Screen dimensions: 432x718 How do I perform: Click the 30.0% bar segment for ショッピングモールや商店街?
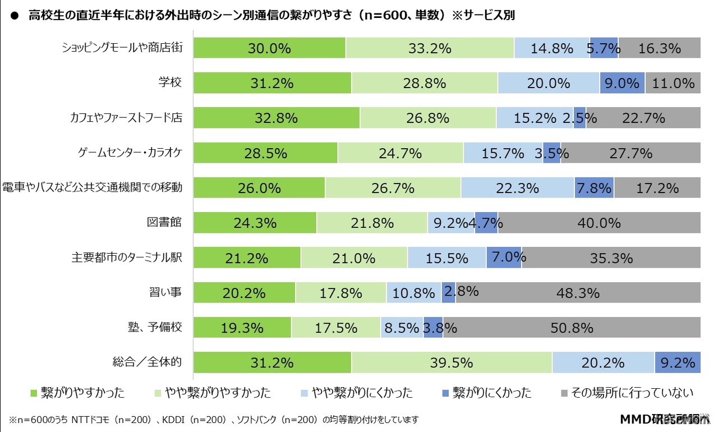point(269,48)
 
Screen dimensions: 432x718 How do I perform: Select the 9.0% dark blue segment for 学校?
point(622,83)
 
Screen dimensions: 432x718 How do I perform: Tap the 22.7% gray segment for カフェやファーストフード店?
point(643,118)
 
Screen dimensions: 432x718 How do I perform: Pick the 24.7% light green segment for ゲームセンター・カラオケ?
point(401,153)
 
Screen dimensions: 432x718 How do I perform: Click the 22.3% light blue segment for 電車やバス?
point(517,187)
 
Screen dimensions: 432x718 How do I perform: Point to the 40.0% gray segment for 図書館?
point(599,223)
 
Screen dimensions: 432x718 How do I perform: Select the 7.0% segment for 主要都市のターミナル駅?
point(504,258)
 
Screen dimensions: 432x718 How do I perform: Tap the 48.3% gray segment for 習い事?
point(578,292)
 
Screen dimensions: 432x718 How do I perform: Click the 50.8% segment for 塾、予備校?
point(572,327)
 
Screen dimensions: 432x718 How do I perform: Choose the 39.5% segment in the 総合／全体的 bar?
point(452,362)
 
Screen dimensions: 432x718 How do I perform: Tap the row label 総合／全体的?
point(148,362)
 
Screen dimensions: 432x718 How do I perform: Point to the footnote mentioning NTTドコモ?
point(213,419)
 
